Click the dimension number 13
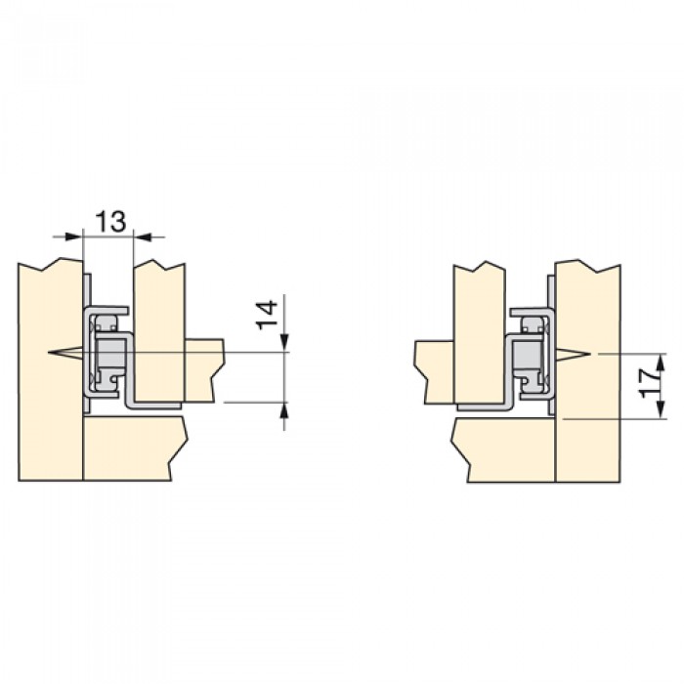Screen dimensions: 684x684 (110, 221)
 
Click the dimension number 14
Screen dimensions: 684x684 (267, 315)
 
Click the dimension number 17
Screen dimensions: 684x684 (649, 383)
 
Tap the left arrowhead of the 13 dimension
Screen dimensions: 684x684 (73, 236)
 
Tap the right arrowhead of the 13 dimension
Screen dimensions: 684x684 (143, 236)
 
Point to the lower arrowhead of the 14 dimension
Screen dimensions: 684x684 (285, 411)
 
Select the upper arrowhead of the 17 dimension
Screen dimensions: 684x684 (661, 363)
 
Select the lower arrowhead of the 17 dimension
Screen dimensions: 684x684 (661, 409)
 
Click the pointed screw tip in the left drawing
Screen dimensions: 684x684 (49, 352)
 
